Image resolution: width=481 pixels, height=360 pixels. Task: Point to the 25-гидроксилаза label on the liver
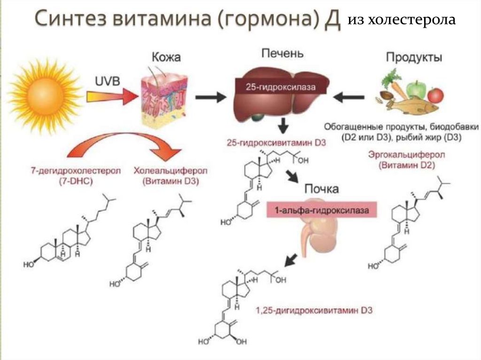click(x=280, y=87)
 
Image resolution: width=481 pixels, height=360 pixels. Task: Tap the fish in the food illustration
click(x=413, y=107)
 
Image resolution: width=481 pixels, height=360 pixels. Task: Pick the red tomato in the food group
click(x=436, y=95)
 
